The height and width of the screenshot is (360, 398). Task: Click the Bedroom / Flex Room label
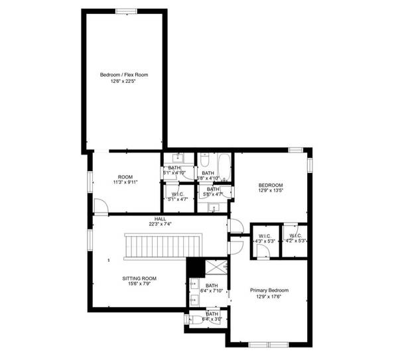(124, 75)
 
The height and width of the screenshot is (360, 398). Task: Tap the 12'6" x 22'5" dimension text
(124, 82)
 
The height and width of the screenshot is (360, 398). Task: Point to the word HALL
(161, 219)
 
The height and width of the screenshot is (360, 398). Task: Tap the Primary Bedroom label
(269, 290)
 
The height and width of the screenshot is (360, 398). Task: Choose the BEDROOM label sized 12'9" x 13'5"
(271, 185)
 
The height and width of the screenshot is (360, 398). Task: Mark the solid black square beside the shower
(195, 266)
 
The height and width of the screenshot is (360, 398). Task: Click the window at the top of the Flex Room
(125, 11)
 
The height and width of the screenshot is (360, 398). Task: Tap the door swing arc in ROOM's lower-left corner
(100, 206)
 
